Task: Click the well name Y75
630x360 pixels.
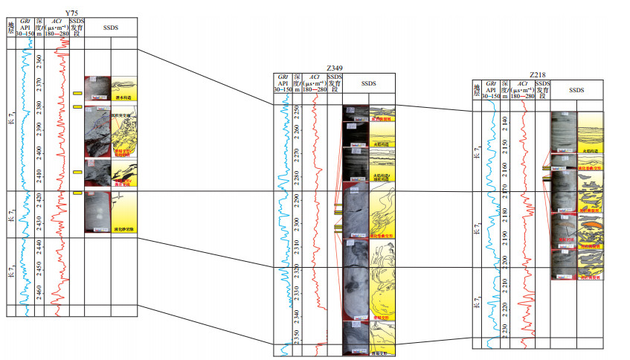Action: coord(72,13)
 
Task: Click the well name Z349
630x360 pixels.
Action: coord(333,68)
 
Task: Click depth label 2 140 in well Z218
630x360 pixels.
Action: coord(506,119)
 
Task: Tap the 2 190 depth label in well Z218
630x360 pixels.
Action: coord(506,235)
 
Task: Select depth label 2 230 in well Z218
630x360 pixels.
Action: coord(506,328)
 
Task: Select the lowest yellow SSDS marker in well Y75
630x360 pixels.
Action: coord(77,193)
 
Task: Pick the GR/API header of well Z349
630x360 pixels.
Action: coord(283,83)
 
